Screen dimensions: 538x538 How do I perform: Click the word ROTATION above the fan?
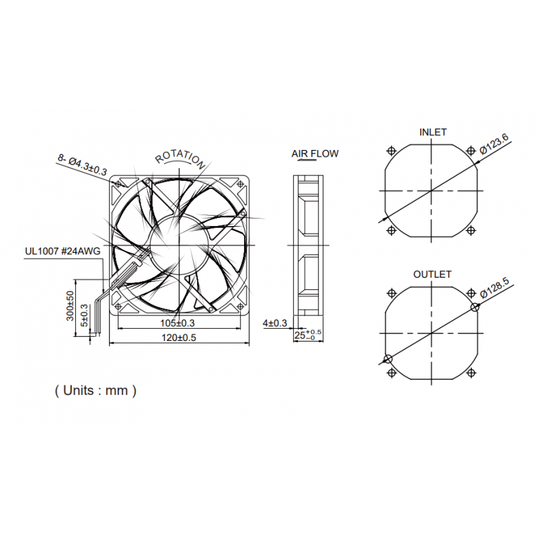pyautogui.click(x=180, y=157)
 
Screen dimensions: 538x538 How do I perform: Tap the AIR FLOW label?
pyautogui.click(x=315, y=154)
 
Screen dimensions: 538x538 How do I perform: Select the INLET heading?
pyautogui.click(x=432, y=132)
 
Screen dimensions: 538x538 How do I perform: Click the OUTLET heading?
pyautogui.click(x=432, y=274)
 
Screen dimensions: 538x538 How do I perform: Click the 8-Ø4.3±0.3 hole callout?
pyautogui.click(x=82, y=165)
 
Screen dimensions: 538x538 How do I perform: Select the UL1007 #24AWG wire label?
pyautogui.click(x=63, y=252)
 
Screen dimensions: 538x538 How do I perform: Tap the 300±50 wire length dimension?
pyautogui.click(x=70, y=307)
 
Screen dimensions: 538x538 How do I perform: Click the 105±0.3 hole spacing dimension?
pyautogui.click(x=180, y=323)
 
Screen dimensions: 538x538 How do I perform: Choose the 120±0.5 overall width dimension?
pyautogui.click(x=180, y=338)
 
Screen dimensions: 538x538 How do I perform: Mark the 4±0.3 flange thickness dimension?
pyautogui.click(x=274, y=323)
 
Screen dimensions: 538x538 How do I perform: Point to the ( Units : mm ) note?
pyautogui.click(x=95, y=390)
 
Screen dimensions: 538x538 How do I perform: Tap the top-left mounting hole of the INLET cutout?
pyautogui.click(x=391, y=151)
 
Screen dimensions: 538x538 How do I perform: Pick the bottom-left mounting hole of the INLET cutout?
pyautogui.click(x=391, y=230)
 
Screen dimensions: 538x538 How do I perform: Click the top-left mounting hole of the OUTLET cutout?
pyautogui.click(x=391, y=293)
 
